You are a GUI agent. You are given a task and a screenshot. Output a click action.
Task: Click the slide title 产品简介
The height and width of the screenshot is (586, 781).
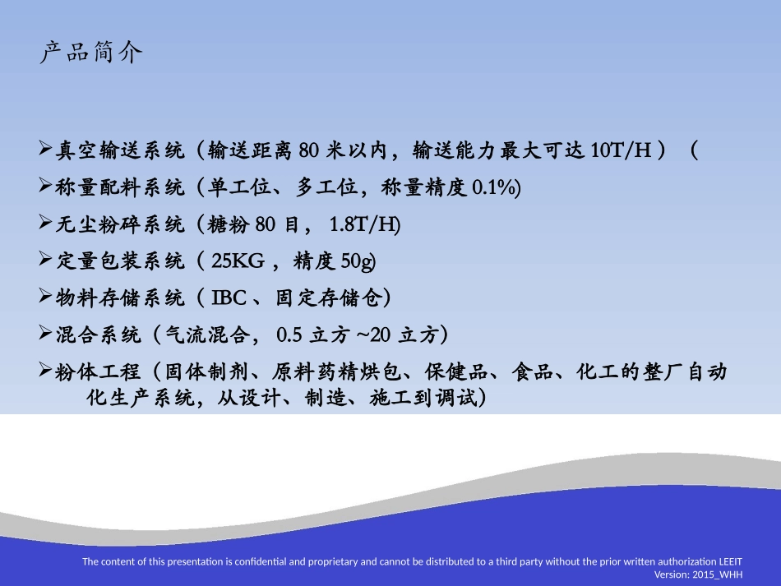pos(91,53)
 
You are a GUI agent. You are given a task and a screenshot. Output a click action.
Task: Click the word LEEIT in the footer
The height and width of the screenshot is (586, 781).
pos(730,562)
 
